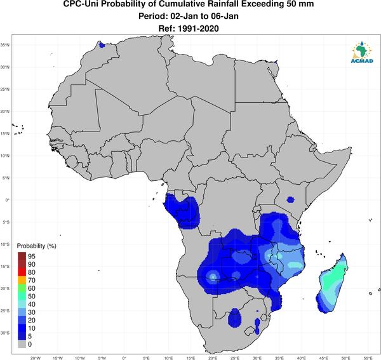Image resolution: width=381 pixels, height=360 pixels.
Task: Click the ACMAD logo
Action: [362, 51]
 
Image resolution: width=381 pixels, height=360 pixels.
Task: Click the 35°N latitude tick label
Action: [5, 45]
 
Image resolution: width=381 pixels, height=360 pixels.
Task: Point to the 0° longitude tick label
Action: [124, 358]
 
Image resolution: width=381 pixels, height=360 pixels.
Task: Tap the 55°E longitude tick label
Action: [368, 358]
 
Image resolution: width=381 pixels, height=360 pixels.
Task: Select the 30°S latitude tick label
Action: [5, 333]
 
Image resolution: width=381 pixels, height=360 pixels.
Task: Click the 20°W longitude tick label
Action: [36, 358]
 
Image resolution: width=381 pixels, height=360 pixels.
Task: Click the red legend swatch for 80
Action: [22, 272]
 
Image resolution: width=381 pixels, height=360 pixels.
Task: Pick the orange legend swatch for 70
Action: [22, 281]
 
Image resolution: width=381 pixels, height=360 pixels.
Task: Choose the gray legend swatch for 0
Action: [22, 344]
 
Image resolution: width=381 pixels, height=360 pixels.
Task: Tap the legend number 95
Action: [32, 257]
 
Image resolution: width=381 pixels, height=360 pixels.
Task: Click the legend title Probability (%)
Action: [36, 246]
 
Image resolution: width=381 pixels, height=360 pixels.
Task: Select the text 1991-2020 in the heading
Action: [198, 29]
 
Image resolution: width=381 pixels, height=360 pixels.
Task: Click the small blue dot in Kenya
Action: [290, 199]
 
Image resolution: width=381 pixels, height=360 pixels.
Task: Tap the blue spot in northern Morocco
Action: [102, 45]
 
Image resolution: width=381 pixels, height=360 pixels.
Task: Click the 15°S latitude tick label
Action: [5, 267]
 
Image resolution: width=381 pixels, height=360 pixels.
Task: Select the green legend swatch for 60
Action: [22, 288]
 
